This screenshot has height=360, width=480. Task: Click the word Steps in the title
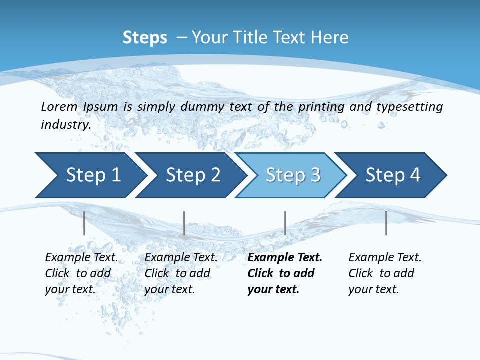click(x=145, y=38)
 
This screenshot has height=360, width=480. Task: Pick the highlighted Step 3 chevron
click(x=293, y=175)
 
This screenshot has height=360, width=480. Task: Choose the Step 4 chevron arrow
click(x=393, y=175)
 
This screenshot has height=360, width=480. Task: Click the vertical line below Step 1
click(x=84, y=223)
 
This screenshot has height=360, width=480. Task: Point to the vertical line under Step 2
click(x=184, y=223)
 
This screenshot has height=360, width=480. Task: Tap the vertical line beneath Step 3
click(x=285, y=223)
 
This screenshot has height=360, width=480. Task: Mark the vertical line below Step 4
click(x=386, y=223)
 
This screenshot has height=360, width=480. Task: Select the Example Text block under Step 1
click(x=81, y=273)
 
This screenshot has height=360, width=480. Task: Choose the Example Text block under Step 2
click(x=181, y=273)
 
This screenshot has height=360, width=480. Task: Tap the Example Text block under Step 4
click(x=385, y=273)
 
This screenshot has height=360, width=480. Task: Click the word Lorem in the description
click(x=59, y=107)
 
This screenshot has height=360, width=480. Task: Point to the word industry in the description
click(x=66, y=125)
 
